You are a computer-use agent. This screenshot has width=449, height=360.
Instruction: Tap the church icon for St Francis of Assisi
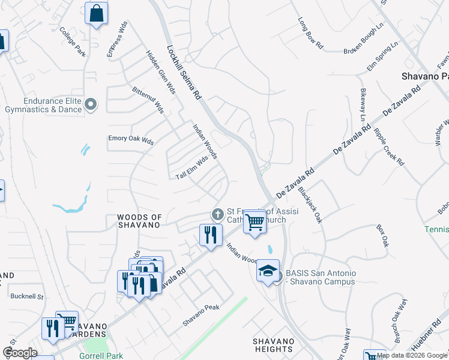point(217,214)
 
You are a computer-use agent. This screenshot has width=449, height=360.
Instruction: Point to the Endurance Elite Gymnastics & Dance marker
point(91,105)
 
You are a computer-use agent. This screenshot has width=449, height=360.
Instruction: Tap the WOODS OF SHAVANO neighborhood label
point(139,221)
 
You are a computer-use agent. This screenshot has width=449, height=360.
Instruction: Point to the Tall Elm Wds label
point(191,167)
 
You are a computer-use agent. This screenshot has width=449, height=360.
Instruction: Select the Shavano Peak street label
point(201,315)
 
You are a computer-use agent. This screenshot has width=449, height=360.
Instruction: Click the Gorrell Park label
point(101,356)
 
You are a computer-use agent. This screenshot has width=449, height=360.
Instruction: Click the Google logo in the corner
point(20,353)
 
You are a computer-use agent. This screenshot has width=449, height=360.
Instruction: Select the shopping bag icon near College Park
point(96,13)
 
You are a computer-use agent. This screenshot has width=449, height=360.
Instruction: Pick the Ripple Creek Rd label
point(389,146)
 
